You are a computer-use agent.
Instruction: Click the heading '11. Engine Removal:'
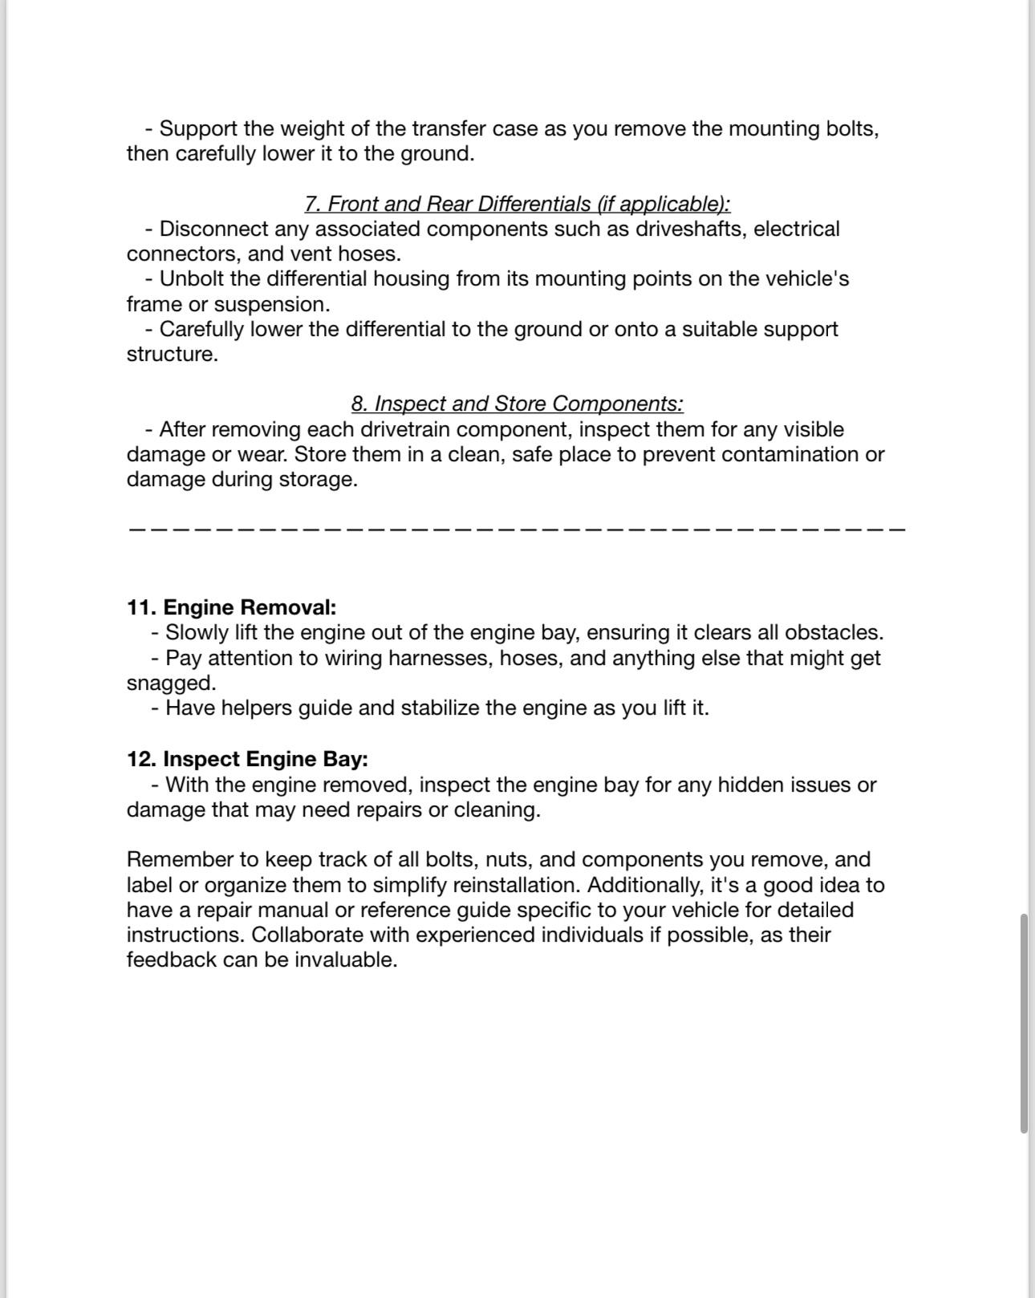[x=231, y=607]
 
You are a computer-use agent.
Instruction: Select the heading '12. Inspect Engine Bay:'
[x=247, y=759]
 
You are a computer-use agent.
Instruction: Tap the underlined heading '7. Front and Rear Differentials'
[x=517, y=204]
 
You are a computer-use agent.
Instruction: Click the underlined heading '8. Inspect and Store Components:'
[x=517, y=404]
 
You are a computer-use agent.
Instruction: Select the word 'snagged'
[x=170, y=683]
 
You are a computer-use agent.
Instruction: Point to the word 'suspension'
[x=270, y=305]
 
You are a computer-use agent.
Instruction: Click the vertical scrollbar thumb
[x=1024, y=1023]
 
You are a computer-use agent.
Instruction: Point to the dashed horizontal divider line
[x=517, y=529]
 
